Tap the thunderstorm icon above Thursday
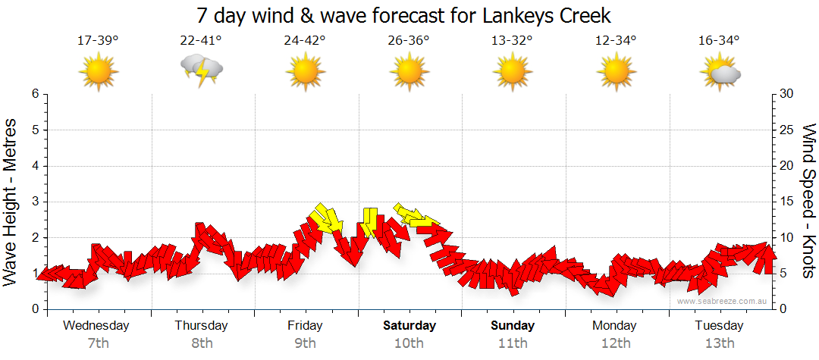click(x=201, y=70)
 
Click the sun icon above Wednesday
click(x=98, y=71)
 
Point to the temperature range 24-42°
click(x=305, y=41)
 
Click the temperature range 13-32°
click(x=512, y=41)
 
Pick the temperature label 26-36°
click(x=409, y=41)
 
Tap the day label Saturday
click(x=409, y=326)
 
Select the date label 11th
click(x=513, y=343)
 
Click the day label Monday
click(x=616, y=326)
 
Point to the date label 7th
click(x=98, y=343)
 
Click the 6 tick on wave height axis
click(x=34, y=94)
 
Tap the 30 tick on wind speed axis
click(x=788, y=94)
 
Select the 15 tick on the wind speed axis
click(x=788, y=202)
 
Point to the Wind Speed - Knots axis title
click(x=808, y=201)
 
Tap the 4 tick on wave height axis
click(x=34, y=166)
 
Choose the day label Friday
click(x=305, y=326)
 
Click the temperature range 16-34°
click(x=719, y=41)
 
